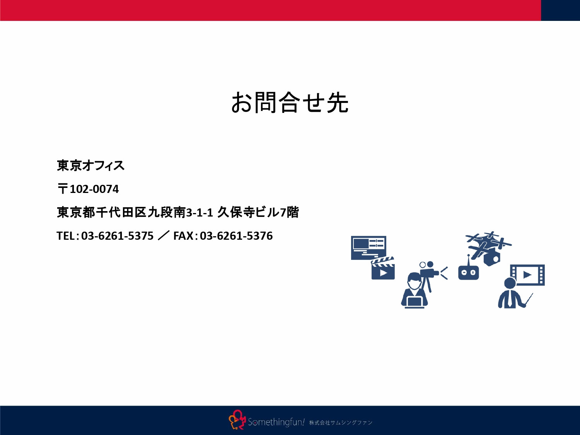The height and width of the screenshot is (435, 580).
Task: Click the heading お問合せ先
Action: [290, 103]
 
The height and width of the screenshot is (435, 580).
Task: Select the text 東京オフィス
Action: [90, 165]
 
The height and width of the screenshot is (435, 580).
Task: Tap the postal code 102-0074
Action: [94, 189]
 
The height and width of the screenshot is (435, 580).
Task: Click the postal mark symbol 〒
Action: [62, 189]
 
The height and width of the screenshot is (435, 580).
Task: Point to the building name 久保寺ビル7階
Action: [258, 212]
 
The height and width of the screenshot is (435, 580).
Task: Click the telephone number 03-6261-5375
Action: [117, 236]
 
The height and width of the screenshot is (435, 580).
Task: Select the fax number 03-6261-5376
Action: [236, 236]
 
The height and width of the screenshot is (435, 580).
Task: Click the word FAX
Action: [183, 236]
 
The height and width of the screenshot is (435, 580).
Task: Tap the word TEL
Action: [65, 236]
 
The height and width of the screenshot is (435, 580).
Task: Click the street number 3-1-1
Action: [200, 213]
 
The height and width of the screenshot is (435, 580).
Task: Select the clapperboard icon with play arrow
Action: [383, 269]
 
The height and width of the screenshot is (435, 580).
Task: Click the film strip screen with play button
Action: [527, 275]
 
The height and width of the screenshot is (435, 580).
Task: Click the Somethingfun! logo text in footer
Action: [276, 422]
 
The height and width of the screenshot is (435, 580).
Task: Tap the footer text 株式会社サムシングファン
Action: [340, 423]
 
